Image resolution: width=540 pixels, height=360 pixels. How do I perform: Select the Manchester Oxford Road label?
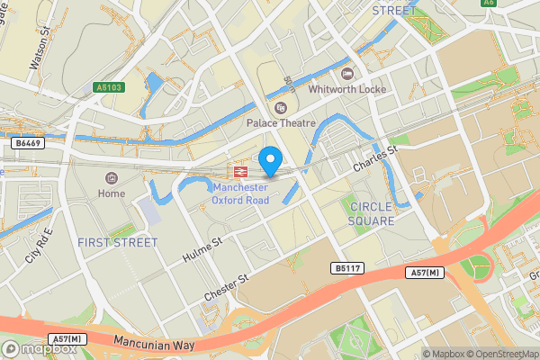241,193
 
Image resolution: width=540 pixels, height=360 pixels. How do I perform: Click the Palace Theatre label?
282,123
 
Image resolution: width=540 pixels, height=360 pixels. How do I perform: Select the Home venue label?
112,193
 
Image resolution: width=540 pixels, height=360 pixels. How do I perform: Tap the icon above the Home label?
112,178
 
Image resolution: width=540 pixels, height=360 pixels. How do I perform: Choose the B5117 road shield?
348,268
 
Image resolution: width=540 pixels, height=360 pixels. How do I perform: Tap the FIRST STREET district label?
118,242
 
